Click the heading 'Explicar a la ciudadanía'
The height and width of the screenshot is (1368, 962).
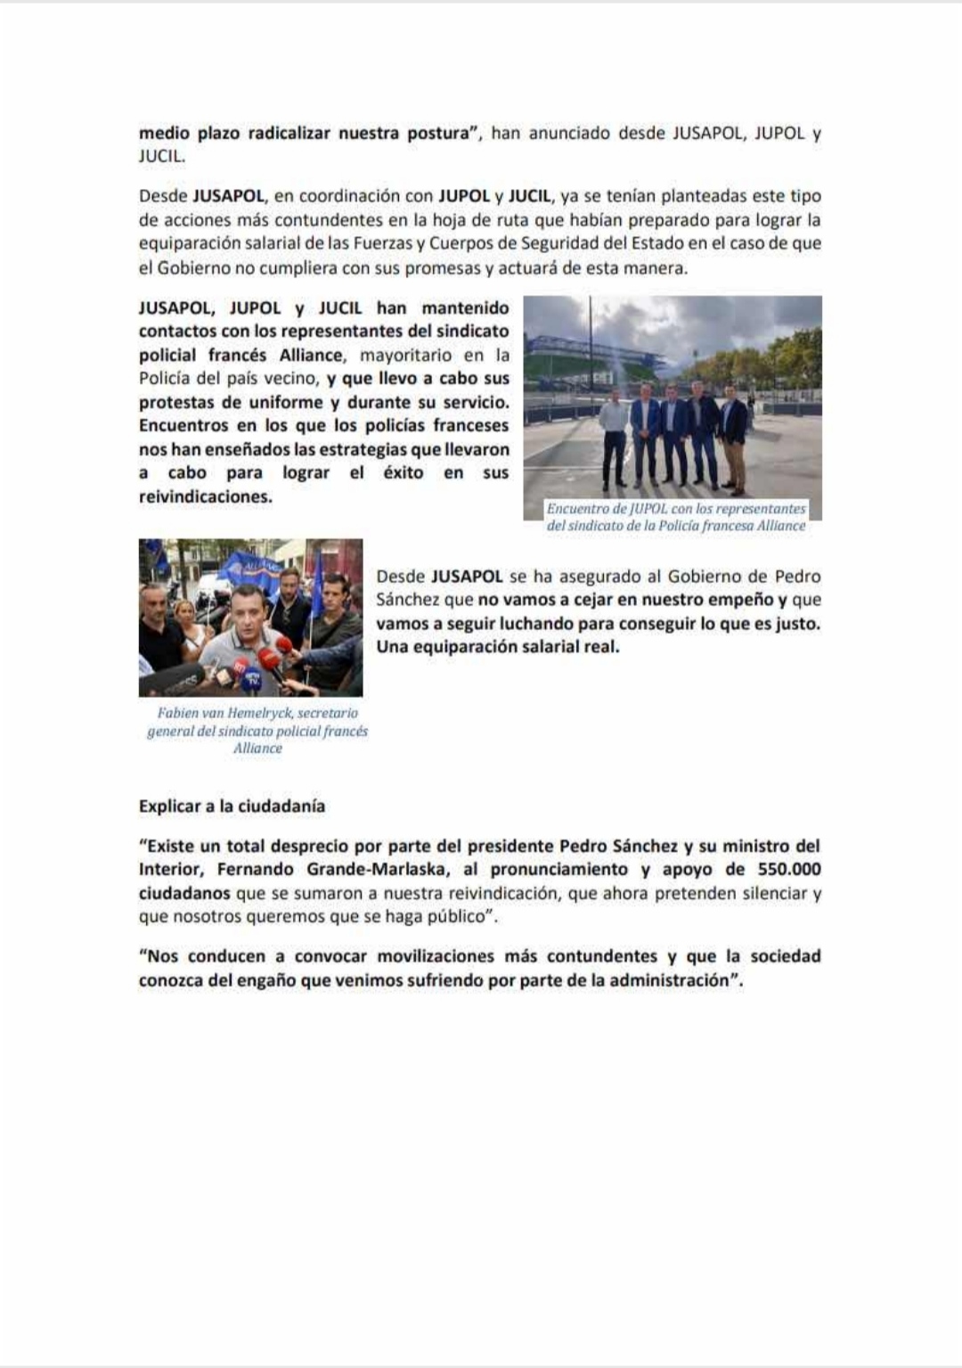click(232, 807)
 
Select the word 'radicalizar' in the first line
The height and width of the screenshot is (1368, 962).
click(289, 134)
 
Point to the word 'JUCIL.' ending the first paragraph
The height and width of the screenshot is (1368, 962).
click(162, 157)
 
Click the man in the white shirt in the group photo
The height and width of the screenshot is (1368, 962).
click(615, 437)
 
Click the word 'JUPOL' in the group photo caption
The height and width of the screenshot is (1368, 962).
click(648, 509)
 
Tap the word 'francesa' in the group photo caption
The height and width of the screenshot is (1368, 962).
click(721, 526)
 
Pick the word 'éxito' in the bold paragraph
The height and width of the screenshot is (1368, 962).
click(404, 473)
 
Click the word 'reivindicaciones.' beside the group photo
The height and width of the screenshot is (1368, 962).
click(206, 497)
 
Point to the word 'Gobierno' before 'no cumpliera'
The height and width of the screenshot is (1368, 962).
click(193, 267)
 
